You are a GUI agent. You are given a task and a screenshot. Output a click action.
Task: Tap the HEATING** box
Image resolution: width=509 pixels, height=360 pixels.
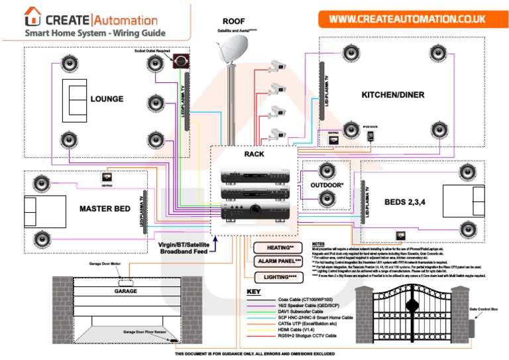[274, 247]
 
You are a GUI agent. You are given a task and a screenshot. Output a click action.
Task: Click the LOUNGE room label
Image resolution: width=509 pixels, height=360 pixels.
[107, 99]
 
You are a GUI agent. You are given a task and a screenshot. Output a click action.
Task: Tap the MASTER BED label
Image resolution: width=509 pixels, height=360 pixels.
[105, 209]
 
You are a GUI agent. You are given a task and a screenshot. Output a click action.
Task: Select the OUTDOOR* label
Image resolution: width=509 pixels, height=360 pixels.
[327, 185]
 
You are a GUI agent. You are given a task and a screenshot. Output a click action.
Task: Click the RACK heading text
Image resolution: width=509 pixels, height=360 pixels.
[254, 154]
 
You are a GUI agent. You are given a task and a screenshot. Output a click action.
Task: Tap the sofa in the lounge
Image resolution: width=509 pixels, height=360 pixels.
[74, 99]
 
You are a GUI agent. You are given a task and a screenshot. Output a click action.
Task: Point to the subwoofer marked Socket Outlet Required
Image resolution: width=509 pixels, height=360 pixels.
[180, 62]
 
